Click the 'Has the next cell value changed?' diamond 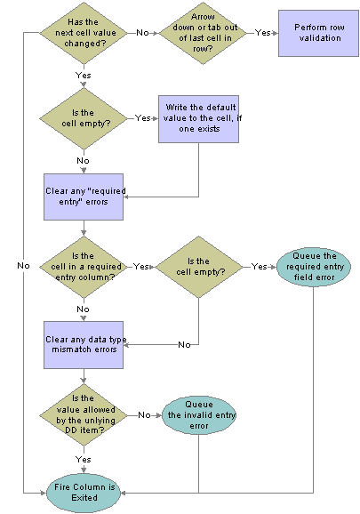[x=84, y=33]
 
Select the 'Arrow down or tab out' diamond [x=203, y=33]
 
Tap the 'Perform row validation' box [x=318, y=33]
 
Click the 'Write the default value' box [x=198, y=119]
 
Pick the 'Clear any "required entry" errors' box [x=84, y=197]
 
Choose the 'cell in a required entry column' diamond [x=84, y=267]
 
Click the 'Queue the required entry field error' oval [x=314, y=267]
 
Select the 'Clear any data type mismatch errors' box [x=84, y=345]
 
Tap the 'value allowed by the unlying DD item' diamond [x=84, y=415]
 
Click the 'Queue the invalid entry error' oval [x=199, y=415]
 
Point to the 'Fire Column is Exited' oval [x=84, y=493]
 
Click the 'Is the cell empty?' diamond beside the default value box [x=84, y=118]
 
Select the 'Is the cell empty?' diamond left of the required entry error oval [x=199, y=267]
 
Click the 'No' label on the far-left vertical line [x=23, y=266]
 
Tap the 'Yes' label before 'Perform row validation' [x=263, y=32]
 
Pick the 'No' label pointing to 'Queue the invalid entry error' [x=144, y=415]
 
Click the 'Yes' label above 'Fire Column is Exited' [x=84, y=459]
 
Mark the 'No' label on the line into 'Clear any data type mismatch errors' [x=184, y=344]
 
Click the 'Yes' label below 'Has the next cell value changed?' [x=84, y=75]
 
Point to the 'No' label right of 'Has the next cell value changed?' [x=142, y=32]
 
